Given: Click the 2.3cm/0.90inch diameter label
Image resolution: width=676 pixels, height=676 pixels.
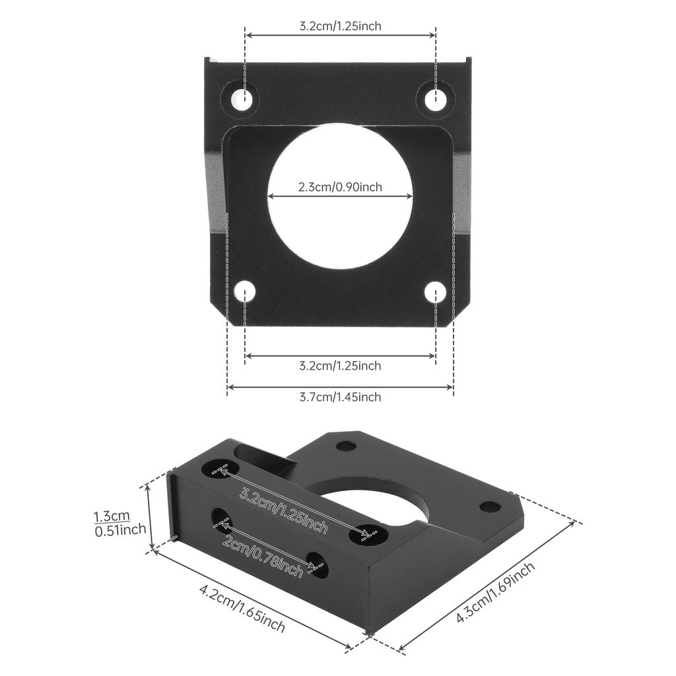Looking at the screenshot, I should tap(340, 187).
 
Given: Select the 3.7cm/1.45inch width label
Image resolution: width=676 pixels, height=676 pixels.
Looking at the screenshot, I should tap(340, 397).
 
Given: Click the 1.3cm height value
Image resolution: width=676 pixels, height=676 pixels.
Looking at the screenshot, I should tap(112, 516).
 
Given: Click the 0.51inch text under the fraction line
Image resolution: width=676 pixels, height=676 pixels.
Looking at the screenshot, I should tap(120, 530).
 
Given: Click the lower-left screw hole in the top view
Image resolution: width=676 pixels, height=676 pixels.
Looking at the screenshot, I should tap(245, 291).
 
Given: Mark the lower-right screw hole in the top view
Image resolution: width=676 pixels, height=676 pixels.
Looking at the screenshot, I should tap(436, 291).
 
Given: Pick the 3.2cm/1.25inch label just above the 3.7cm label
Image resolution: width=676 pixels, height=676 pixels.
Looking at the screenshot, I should tap(340, 365).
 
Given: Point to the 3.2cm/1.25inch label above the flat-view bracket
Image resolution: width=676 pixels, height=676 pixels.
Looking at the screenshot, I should tap(340, 26).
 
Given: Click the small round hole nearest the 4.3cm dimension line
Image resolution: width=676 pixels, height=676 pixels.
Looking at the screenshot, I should tap(490, 507).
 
